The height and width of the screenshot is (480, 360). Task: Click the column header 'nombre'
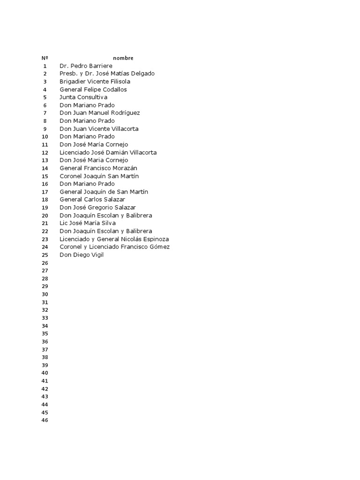[x=123, y=58]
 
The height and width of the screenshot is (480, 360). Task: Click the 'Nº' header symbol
[x=45, y=58]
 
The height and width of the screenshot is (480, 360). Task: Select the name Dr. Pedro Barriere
[x=86, y=66]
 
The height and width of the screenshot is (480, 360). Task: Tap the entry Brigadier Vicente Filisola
[x=95, y=82]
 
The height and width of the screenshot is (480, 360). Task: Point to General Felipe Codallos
[x=93, y=90]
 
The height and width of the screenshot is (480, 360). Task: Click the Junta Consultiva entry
[x=83, y=97]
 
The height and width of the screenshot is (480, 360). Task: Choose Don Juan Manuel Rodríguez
[x=99, y=113]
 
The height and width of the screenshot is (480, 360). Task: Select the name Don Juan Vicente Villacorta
[x=99, y=129]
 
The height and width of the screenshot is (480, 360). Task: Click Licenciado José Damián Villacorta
[x=108, y=152]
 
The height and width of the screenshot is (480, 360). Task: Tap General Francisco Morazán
[x=98, y=168]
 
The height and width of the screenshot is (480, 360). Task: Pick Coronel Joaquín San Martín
[x=99, y=176]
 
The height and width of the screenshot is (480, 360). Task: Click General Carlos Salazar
[x=92, y=200]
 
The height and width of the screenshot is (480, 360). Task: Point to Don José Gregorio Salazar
[x=97, y=208]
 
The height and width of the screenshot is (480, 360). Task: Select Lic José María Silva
[x=88, y=223]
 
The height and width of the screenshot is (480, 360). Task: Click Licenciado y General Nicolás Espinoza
[x=114, y=239]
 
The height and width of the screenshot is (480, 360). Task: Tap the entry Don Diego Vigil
[x=82, y=255]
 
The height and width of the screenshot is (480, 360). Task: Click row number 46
[x=45, y=420]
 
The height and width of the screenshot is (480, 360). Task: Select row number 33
[x=45, y=318]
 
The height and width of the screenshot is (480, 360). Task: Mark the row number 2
[x=45, y=74]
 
